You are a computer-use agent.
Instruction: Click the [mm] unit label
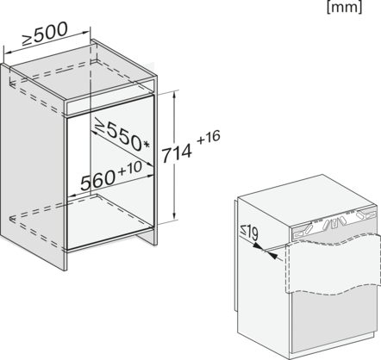(x=344, y=7)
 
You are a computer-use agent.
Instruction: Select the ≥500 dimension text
(x=45, y=34)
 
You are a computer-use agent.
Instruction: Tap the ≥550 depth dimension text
(x=118, y=134)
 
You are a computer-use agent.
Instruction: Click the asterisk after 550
(x=147, y=145)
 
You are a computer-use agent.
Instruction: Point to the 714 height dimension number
(x=177, y=153)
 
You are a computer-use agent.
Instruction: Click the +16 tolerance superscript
(x=209, y=138)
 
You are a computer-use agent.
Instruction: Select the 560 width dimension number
(x=97, y=180)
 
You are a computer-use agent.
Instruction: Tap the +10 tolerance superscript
(x=130, y=168)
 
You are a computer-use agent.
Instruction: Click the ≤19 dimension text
(x=249, y=233)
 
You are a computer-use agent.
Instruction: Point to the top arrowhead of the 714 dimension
(x=174, y=96)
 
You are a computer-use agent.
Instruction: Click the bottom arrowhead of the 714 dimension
(x=174, y=215)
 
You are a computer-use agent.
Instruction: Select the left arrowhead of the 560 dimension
(x=72, y=196)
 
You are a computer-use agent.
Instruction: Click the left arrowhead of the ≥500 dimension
(x=8, y=53)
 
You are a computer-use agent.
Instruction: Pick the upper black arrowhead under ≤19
(x=258, y=246)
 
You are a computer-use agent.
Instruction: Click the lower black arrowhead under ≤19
(x=273, y=256)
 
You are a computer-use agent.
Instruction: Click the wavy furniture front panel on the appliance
(x=331, y=264)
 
